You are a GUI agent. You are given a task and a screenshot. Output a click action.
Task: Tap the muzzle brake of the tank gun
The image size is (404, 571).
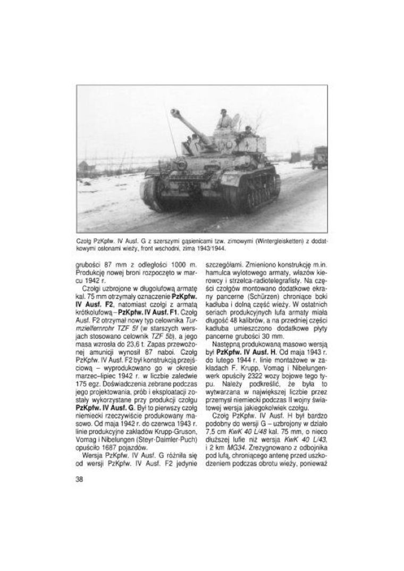(174, 112)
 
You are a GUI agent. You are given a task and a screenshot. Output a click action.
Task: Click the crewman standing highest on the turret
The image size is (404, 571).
(225, 118)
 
